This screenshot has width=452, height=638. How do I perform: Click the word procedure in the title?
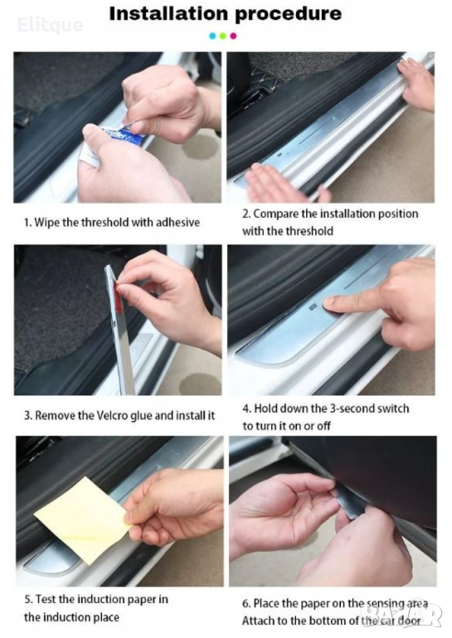point(288,15)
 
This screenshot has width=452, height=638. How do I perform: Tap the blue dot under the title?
point(212,36)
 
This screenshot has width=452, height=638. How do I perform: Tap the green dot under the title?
point(222,36)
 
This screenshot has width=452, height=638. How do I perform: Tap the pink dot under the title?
point(233,36)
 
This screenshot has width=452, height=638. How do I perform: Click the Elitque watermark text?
point(51,25)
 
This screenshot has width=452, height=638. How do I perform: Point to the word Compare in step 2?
point(276,214)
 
